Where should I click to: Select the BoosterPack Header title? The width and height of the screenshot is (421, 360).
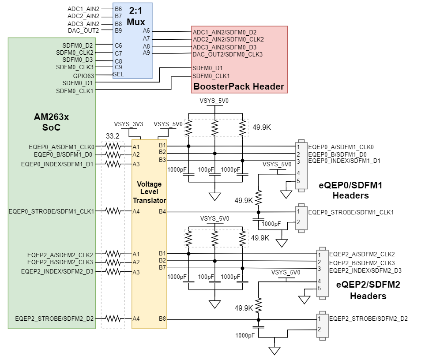[239, 86]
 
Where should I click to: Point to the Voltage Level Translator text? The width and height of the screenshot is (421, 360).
[149, 192]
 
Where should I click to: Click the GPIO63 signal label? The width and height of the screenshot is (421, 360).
[83, 75]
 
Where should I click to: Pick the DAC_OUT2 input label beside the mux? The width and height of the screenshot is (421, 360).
[83, 30]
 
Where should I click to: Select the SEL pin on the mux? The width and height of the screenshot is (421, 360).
[118, 74]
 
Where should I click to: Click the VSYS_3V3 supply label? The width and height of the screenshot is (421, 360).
[128, 124]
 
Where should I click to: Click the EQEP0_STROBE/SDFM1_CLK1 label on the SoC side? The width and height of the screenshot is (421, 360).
[52, 212]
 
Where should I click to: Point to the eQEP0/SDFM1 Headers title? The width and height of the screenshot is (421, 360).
[350, 190]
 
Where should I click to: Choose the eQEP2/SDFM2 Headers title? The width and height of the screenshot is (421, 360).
[368, 290]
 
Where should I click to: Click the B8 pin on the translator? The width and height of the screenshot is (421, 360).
[162, 319]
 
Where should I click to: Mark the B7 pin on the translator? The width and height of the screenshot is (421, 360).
[162, 268]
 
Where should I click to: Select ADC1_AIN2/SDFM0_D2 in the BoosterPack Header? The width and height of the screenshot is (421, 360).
[225, 32]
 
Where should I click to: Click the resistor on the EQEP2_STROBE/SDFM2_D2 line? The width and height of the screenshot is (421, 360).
[113, 319]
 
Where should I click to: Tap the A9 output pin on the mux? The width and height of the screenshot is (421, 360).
[147, 53]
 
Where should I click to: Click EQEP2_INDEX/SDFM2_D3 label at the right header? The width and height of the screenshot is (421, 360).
[365, 270]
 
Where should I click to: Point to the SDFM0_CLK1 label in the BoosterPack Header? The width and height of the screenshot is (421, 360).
[211, 76]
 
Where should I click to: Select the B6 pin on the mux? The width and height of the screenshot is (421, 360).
[118, 9]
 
